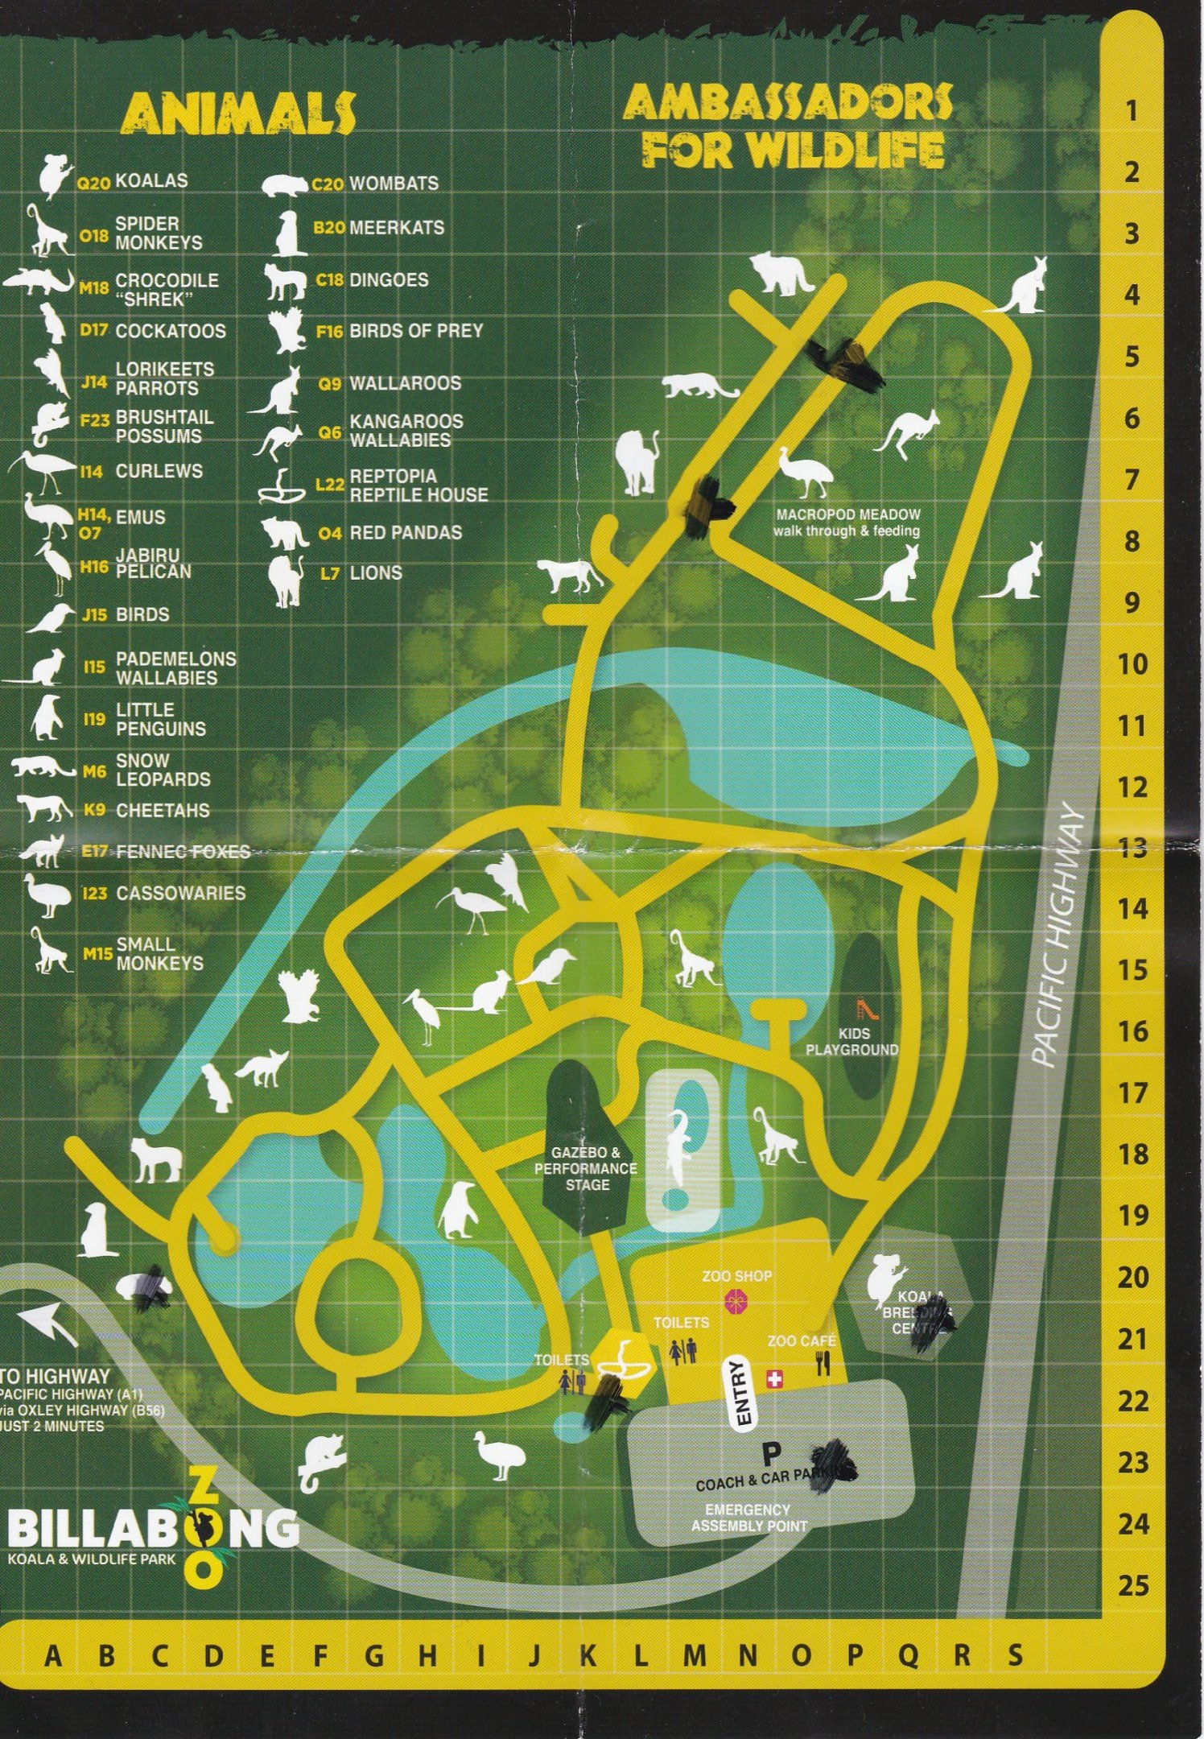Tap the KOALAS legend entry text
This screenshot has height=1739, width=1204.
[151, 180]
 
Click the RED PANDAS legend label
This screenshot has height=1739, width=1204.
[405, 533]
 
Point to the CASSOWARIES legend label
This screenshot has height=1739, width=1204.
[180, 893]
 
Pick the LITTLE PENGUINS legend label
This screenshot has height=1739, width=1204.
[160, 719]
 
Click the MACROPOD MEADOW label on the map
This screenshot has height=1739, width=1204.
[847, 523]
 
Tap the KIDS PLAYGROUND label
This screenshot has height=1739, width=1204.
[852, 1041]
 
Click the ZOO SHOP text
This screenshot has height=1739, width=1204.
[736, 1276]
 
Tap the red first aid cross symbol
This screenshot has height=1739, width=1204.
[775, 1380]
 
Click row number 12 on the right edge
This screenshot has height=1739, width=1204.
[1132, 788]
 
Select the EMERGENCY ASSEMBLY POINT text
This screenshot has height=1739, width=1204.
[748, 1518]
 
